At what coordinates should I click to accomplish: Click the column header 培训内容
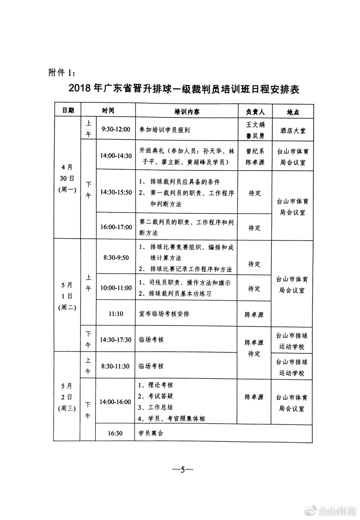point(187,111)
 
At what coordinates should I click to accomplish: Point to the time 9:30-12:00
point(116,129)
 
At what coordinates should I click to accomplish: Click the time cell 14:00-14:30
point(116,156)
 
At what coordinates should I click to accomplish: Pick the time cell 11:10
point(116,313)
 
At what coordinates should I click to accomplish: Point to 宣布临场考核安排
point(164,313)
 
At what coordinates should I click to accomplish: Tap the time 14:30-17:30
point(116,339)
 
